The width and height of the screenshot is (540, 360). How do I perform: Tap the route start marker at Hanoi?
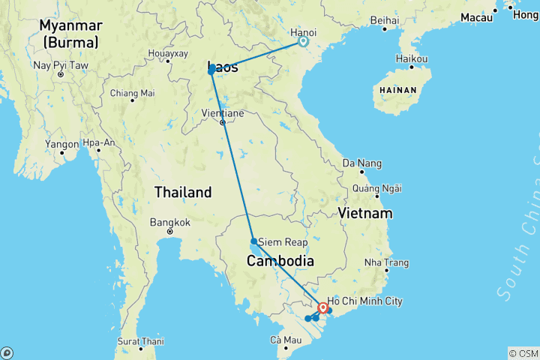point(303,42)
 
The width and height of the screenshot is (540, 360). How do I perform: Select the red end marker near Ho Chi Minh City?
point(322,307)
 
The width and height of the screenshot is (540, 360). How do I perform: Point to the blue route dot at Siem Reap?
point(254,241)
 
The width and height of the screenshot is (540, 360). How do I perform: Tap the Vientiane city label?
point(223,113)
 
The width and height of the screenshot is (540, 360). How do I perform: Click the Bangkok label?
point(170,222)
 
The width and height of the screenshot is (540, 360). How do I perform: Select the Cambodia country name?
point(280,261)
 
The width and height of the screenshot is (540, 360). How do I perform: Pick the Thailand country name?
point(183,193)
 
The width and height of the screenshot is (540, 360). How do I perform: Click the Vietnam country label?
point(365,214)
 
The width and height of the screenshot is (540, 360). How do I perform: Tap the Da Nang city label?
point(361,163)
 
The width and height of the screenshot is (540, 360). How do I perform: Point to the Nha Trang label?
point(386,262)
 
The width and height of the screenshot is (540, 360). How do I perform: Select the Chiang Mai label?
point(132,93)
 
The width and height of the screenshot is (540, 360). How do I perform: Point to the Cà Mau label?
point(286,340)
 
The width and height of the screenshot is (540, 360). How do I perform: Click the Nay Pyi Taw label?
point(61,65)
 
